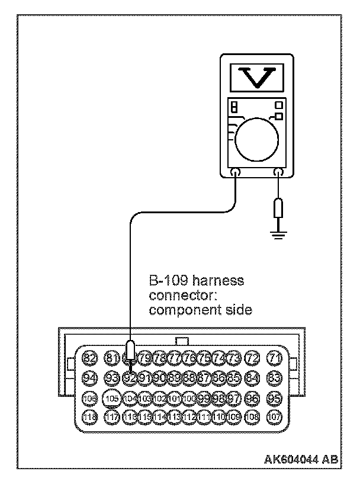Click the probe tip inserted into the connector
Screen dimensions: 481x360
pyautogui.click(x=130, y=355)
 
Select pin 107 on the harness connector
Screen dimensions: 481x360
pyautogui.click(x=274, y=416)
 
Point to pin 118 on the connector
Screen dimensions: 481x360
pyautogui.click(x=90, y=416)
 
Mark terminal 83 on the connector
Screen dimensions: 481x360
pyautogui.click(x=274, y=377)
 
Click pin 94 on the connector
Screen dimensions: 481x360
pyautogui.click(x=90, y=377)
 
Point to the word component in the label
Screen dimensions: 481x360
pyautogui.click(x=177, y=310)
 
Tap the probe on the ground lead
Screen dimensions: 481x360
pyautogui.click(x=278, y=208)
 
